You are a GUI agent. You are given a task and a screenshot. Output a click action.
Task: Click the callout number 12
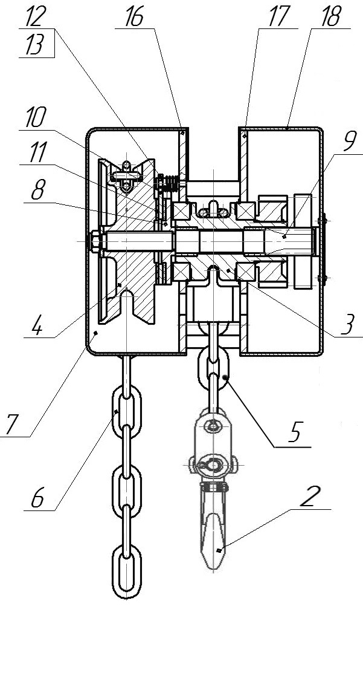[x=36, y=18]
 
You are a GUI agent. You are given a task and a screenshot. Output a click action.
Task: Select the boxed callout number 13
[x=36, y=45]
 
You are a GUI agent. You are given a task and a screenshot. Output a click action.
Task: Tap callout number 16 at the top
[x=134, y=18]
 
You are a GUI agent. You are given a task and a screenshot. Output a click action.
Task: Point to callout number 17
[x=279, y=18]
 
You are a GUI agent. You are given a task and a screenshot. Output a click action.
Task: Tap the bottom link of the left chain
[x=126, y=572]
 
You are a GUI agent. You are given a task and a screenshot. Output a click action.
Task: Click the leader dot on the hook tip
[x=219, y=550]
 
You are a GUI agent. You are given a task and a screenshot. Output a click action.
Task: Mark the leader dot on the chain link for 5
[x=225, y=377]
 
